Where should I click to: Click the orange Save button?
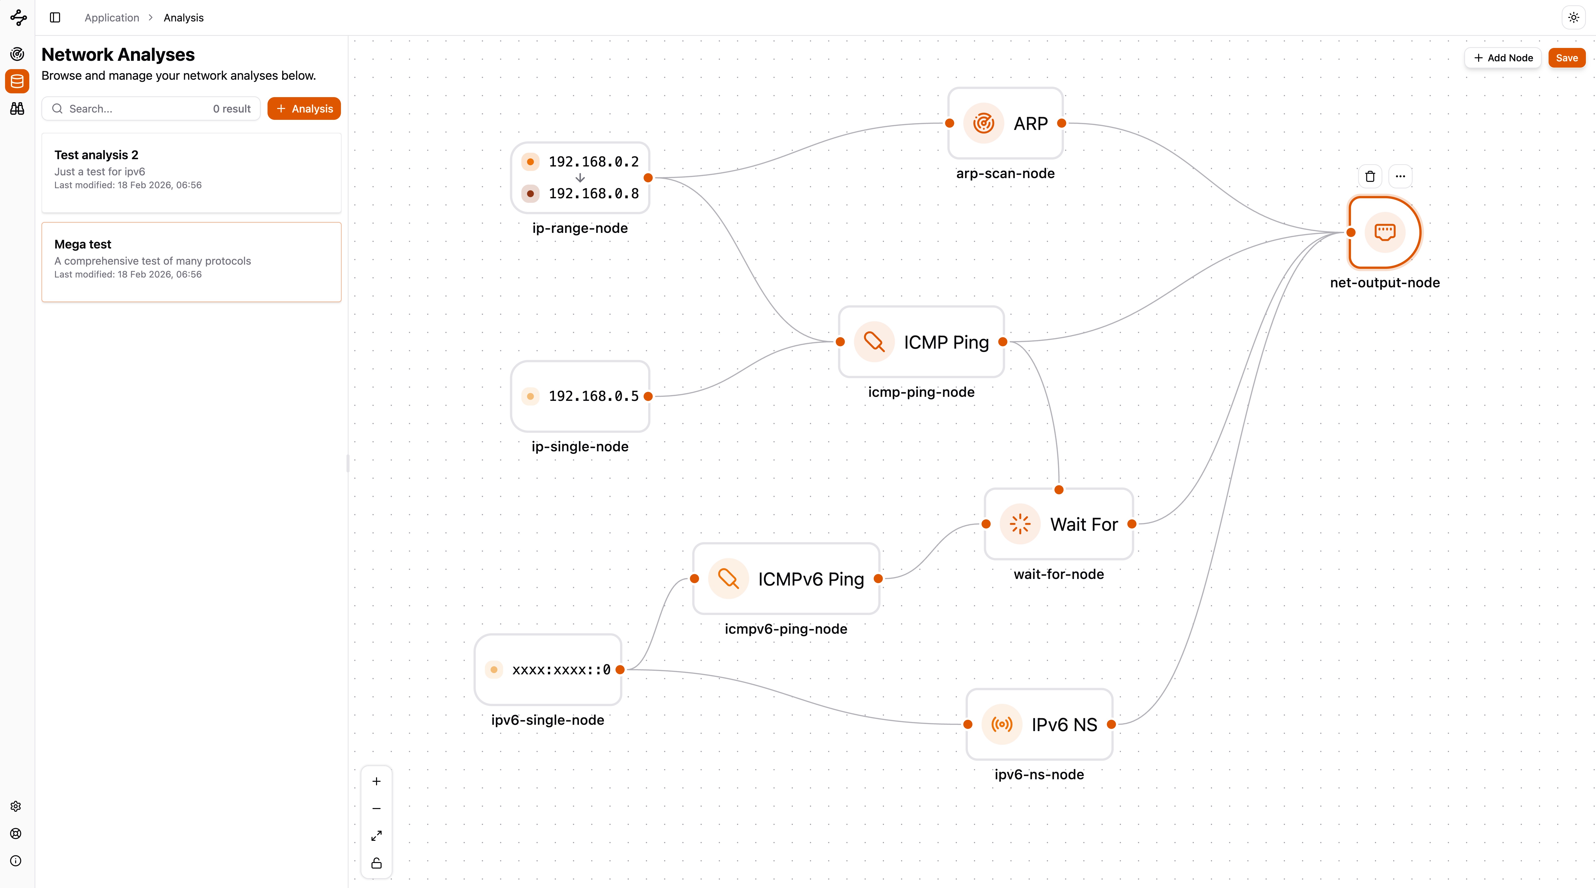pyautogui.click(x=1566, y=58)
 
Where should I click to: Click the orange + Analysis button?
pyautogui.click(x=304, y=108)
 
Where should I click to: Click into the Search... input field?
pyautogui.click(x=136, y=108)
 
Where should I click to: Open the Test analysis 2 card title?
pyautogui.click(x=96, y=155)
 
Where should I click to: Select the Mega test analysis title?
pyautogui.click(x=83, y=244)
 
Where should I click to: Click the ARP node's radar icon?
pyautogui.click(x=983, y=123)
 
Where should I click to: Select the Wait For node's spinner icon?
pyautogui.click(x=1020, y=524)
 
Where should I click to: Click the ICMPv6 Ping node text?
pyautogui.click(x=810, y=579)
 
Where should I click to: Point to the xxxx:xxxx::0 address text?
pyautogui.click(x=561, y=670)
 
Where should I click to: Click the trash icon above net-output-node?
pyautogui.click(x=1370, y=177)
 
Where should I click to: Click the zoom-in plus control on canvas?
pyautogui.click(x=376, y=782)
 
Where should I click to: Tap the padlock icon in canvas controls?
pyautogui.click(x=376, y=863)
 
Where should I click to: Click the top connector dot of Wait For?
pyautogui.click(x=1059, y=490)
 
